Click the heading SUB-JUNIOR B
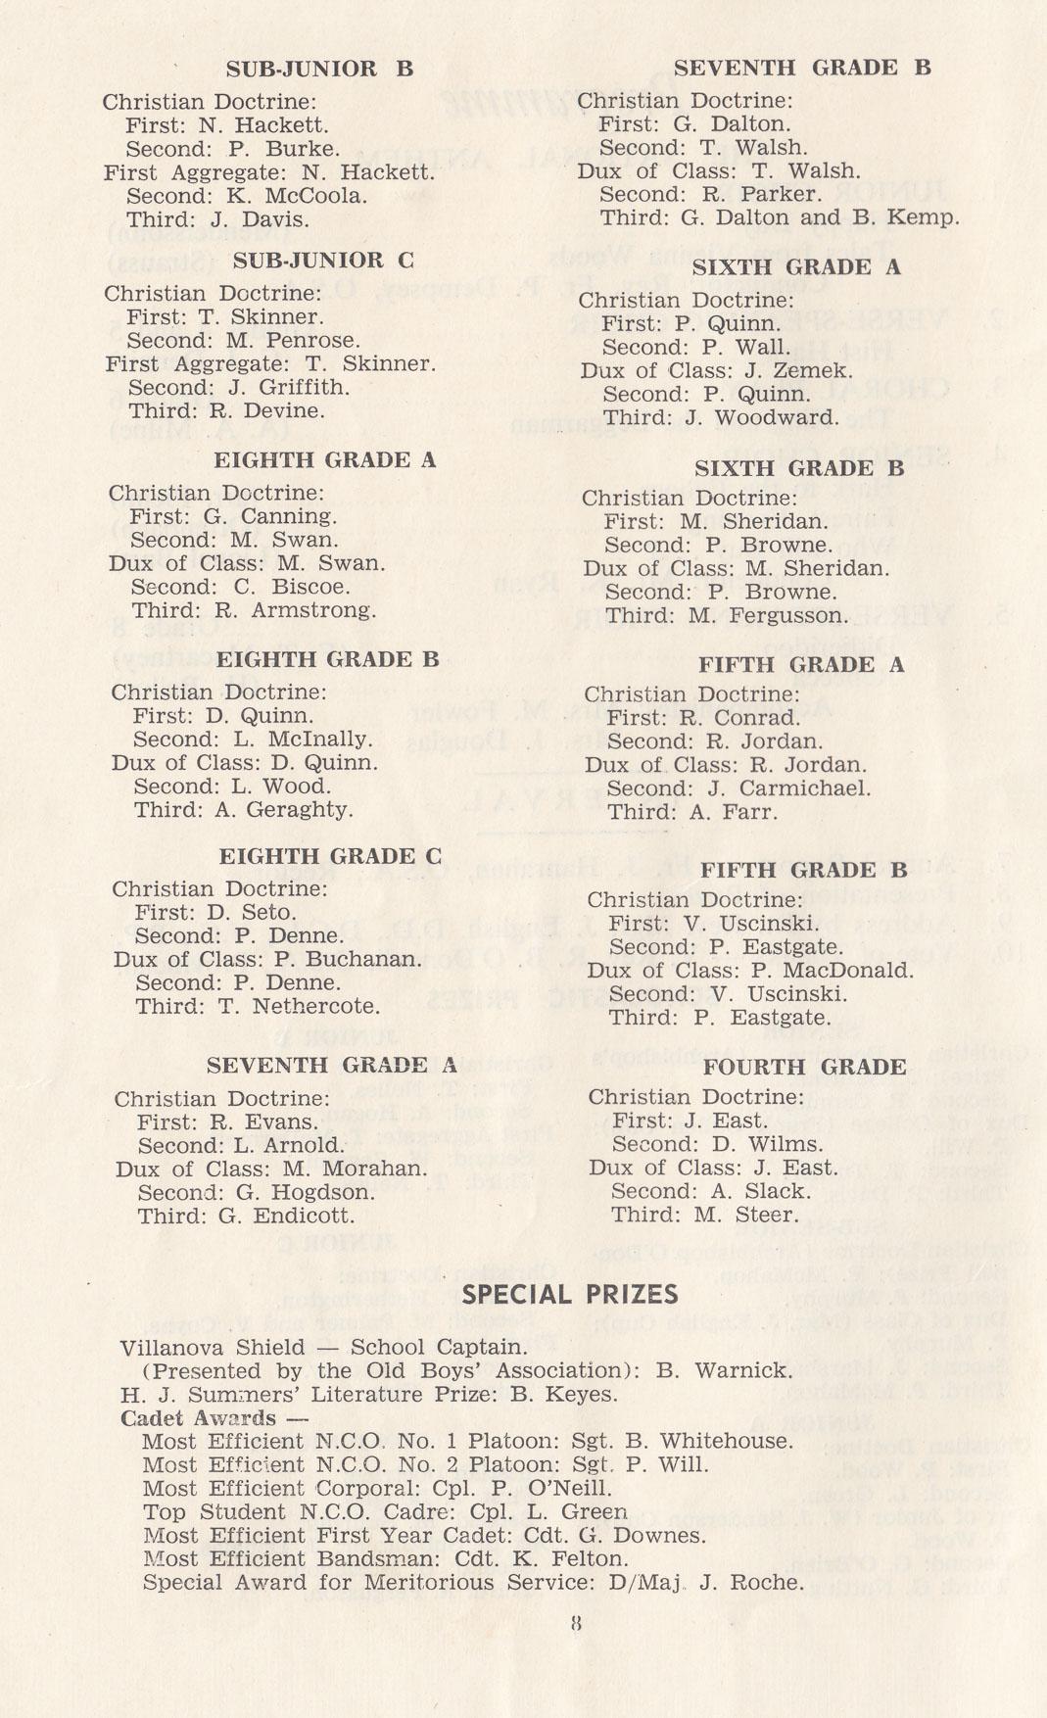point(319,69)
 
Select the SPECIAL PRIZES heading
point(570,1295)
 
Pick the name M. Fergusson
point(774,616)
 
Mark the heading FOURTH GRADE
point(804,1067)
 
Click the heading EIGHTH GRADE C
point(330,857)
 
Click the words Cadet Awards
point(198,1418)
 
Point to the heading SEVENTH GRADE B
point(802,68)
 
